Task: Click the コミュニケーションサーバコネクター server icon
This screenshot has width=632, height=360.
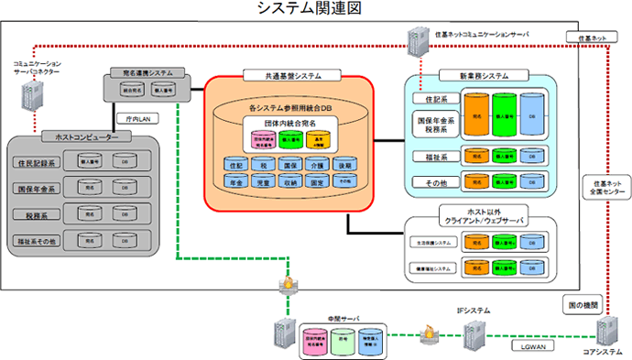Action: pos(38,93)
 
